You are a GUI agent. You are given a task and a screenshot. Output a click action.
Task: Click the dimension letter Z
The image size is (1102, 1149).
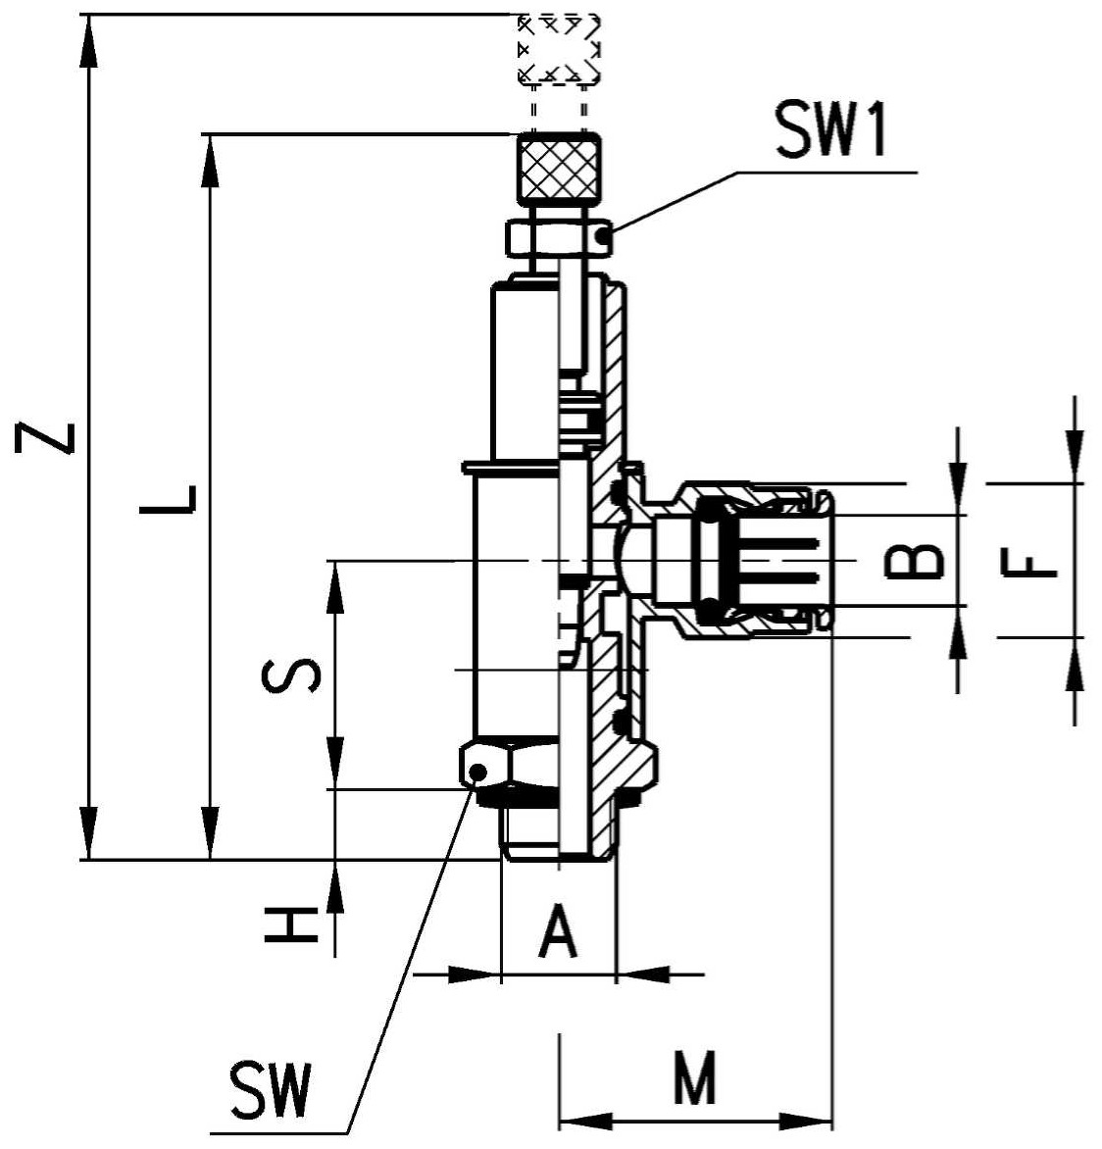pyautogui.click(x=44, y=438)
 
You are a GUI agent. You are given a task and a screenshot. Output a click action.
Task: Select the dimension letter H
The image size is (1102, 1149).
pyautogui.click(x=292, y=924)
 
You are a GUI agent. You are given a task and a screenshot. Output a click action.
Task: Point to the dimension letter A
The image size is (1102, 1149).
pyautogui.click(x=558, y=930)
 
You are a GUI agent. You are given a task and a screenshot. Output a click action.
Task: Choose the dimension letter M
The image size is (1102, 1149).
pyautogui.click(x=694, y=1077)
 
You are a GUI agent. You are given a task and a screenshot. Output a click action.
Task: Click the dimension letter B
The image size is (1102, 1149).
pyautogui.click(x=914, y=562)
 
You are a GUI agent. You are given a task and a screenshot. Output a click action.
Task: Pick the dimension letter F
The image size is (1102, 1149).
pyautogui.click(x=1028, y=565)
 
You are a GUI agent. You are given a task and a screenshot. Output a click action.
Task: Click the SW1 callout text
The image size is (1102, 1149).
pyautogui.click(x=831, y=129)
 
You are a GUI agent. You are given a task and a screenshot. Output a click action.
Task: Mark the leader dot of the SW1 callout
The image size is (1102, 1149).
pyautogui.click(x=602, y=236)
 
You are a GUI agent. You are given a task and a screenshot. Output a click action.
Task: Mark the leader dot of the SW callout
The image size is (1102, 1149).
pyautogui.click(x=477, y=772)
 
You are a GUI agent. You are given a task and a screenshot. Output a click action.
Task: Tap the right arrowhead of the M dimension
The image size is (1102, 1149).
pyautogui.click(x=805, y=1122)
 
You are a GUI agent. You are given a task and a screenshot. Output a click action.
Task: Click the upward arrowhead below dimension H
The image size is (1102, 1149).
pyautogui.click(x=335, y=886)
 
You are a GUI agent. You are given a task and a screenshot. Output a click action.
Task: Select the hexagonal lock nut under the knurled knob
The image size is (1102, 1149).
pyautogui.click(x=559, y=237)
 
